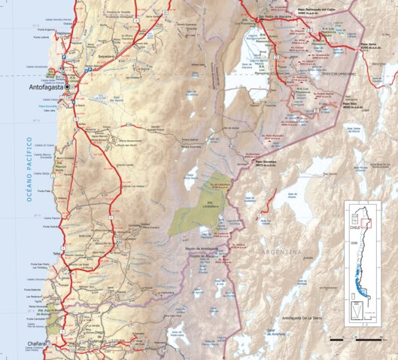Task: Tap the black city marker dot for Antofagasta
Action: tap(68, 87)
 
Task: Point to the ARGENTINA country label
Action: tap(281, 251)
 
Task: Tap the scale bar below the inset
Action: tap(358, 337)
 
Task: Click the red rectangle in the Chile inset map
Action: tap(364, 221)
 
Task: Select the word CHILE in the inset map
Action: tap(354, 232)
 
